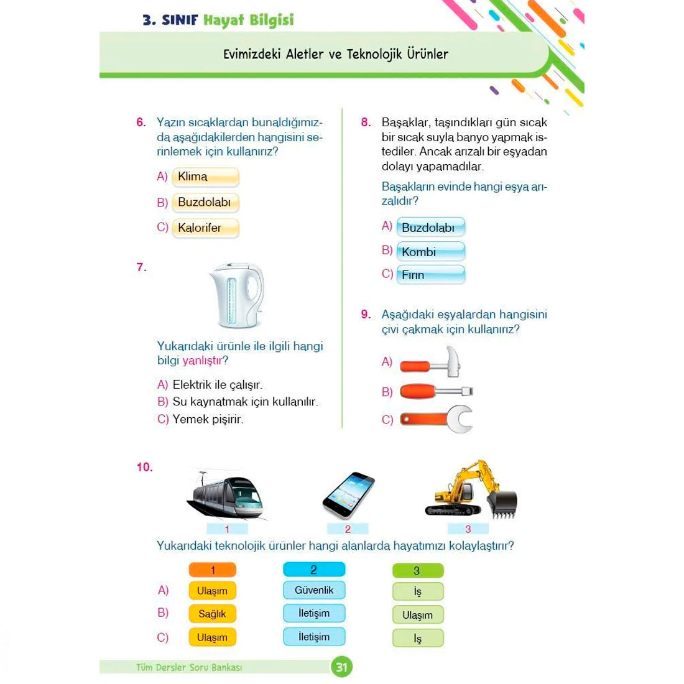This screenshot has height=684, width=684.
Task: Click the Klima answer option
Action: [x=205, y=177]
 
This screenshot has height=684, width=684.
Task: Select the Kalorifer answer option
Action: [x=205, y=228]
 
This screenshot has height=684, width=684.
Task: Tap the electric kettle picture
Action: [x=236, y=295]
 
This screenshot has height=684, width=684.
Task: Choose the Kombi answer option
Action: [x=430, y=252]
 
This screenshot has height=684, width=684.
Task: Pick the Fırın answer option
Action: [x=430, y=275]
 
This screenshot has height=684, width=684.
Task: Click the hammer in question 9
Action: [x=430, y=363]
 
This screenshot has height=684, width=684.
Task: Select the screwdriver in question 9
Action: [x=437, y=391]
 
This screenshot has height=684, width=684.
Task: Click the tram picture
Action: [x=227, y=496]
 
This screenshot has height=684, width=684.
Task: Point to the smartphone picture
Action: [x=349, y=495]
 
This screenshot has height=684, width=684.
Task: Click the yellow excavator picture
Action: [x=471, y=489]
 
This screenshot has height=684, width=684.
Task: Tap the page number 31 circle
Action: [x=341, y=667]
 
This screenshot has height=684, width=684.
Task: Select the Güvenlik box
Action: [x=314, y=590]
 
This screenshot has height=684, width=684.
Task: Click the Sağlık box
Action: [x=213, y=614]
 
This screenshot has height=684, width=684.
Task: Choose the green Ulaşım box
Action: [x=418, y=615]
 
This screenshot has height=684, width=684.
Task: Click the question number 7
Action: [x=141, y=267]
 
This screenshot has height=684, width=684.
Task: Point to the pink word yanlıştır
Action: [x=203, y=361]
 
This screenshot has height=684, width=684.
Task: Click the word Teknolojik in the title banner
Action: [x=375, y=54]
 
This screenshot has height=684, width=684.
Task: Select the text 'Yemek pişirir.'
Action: [x=208, y=419]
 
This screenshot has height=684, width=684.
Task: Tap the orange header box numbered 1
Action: [x=213, y=570]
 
